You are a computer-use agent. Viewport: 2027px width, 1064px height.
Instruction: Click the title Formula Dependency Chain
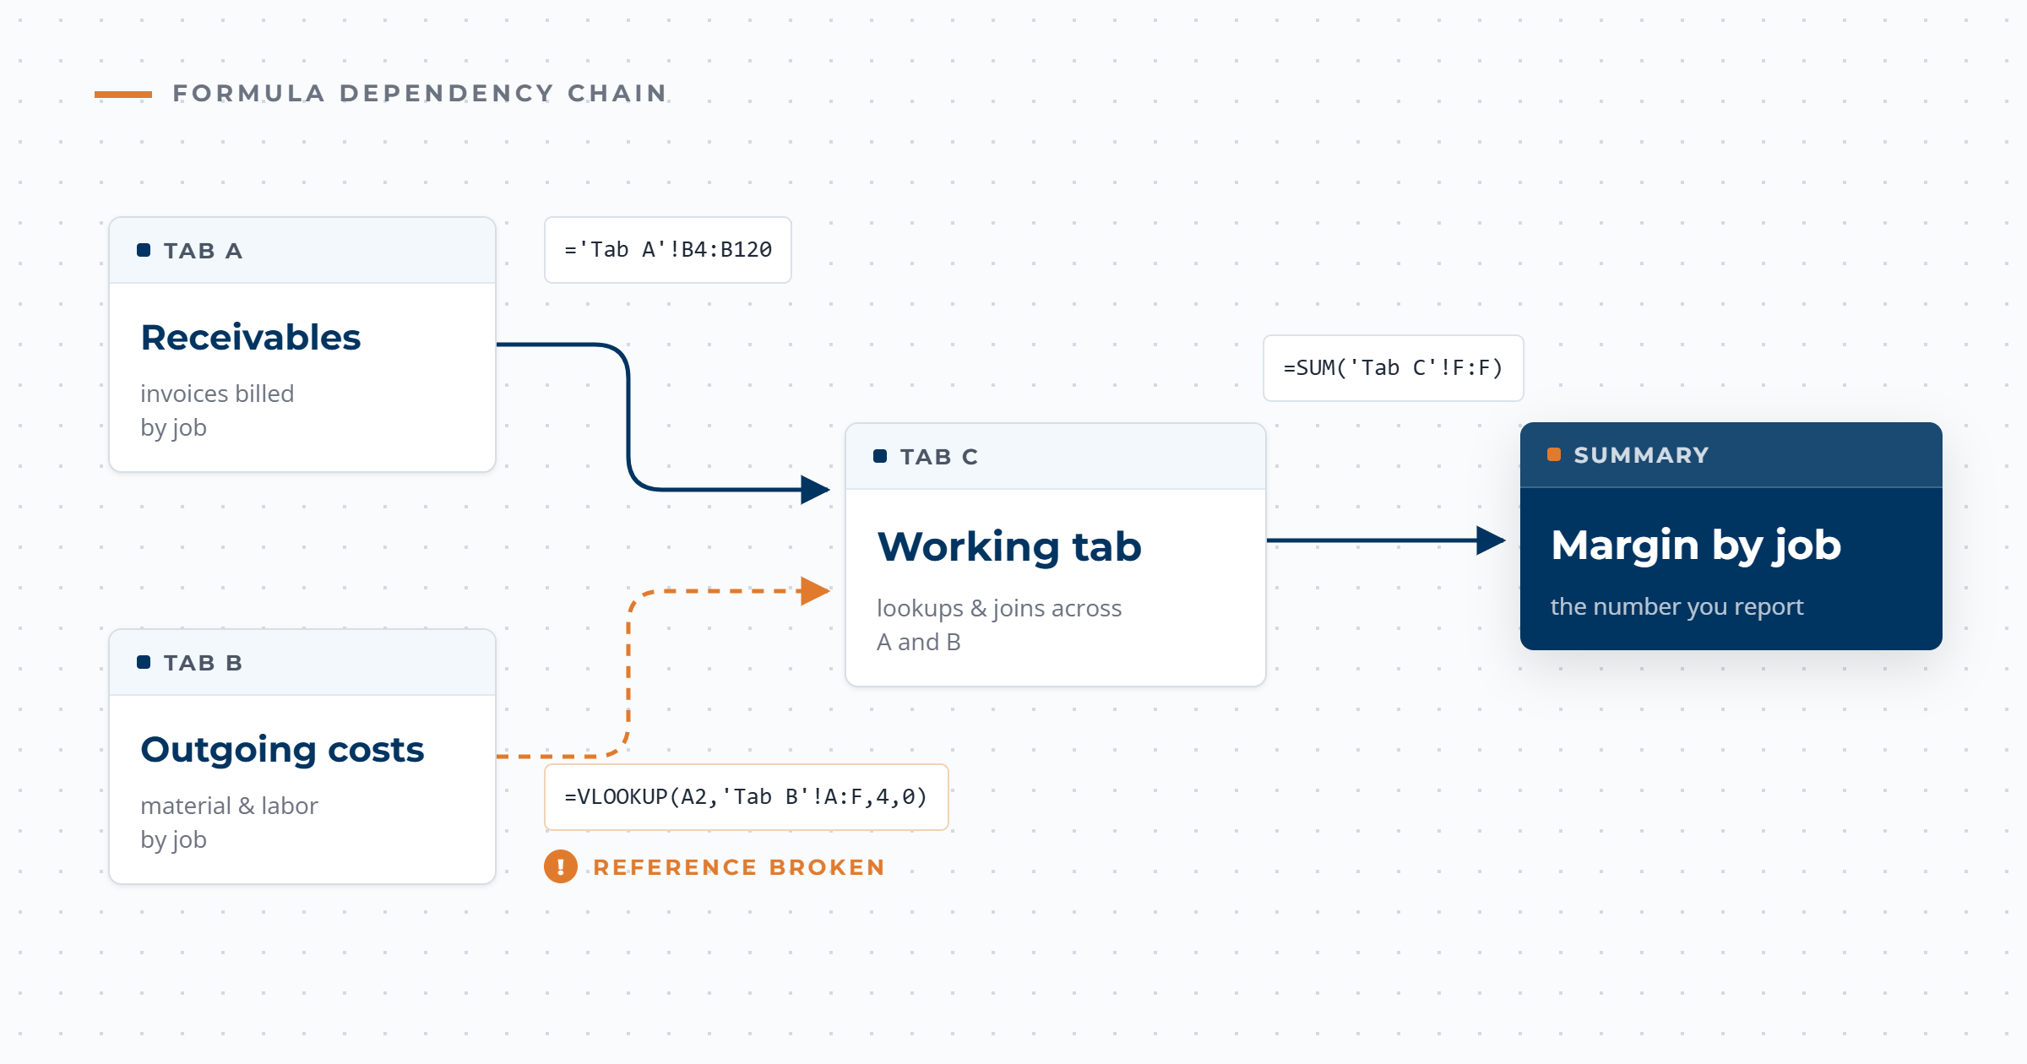pyautogui.click(x=420, y=93)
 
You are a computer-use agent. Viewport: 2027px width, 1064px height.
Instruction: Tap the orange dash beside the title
pyautogui.click(x=123, y=95)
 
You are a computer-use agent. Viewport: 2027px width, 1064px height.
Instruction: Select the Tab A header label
pyautogui.click(x=203, y=251)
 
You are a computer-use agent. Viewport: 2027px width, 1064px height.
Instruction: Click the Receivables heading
pyautogui.click(x=251, y=337)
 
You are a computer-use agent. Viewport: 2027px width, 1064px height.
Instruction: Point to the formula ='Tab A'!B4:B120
pyautogui.click(x=668, y=250)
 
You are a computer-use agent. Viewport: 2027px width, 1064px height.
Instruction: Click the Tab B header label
pyautogui.click(x=203, y=663)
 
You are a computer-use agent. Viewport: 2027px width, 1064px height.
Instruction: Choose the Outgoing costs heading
pyautogui.click(x=282, y=749)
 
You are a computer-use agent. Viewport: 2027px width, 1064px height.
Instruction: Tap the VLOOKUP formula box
pyautogui.click(x=747, y=797)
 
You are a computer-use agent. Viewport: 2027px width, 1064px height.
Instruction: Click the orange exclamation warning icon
pyautogui.click(x=561, y=866)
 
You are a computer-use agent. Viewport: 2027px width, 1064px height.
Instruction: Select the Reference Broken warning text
pyautogui.click(x=739, y=867)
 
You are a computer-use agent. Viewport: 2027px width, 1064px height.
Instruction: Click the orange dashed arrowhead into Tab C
pyautogui.click(x=815, y=591)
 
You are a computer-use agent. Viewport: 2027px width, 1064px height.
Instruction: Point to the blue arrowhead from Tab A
pyautogui.click(x=815, y=490)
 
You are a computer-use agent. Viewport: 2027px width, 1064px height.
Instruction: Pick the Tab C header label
pyautogui.click(x=939, y=457)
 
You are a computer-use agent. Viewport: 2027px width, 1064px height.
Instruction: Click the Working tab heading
pyautogui.click(x=1009, y=546)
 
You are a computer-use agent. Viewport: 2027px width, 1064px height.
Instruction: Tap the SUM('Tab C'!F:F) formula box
pyautogui.click(x=1394, y=368)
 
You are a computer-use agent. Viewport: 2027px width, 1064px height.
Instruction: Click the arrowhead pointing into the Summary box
pyautogui.click(x=1491, y=540)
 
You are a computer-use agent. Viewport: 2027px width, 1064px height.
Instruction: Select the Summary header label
pyautogui.click(x=1641, y=455)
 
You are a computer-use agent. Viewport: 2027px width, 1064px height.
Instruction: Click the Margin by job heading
pyautogui.click(x=1696, y=545)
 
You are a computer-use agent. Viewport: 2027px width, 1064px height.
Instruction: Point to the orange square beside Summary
pyautogui.click(x=1554, y=455)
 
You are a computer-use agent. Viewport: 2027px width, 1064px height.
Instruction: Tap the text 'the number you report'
pyautogui.click(x=1676, y=606)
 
